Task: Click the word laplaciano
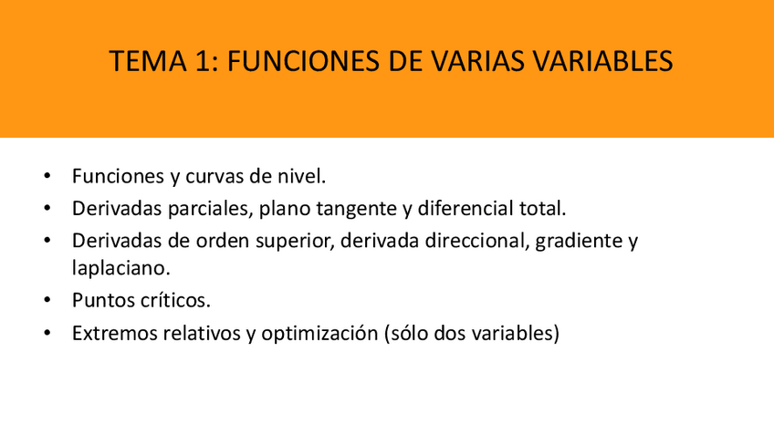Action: click(120, 269)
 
